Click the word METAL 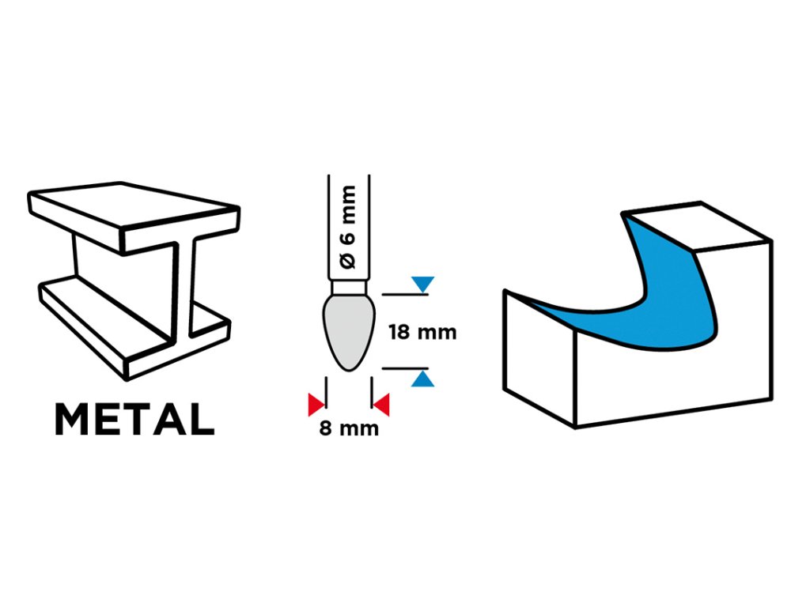click(134, 420)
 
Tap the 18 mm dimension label click(422, 332)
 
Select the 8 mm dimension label click(349, 429)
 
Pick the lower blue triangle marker click(424, 380)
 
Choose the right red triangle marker click(382, 405)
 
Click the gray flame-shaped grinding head click(349, 332)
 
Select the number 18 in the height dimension click(400, 332)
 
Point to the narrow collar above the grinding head click(349, 288)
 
